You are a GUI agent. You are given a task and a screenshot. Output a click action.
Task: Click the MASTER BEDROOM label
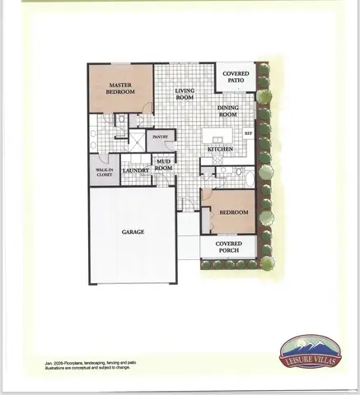coord(120,88)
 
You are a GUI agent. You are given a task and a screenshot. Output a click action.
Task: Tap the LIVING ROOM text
coord(184,93)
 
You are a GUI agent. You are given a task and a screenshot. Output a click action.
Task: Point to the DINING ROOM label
coord(231,111)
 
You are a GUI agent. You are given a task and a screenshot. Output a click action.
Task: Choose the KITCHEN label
coord(220,149)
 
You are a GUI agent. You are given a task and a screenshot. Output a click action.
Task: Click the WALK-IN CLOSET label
coord(104,172)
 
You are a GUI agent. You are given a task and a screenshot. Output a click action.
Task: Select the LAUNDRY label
coord(135,171)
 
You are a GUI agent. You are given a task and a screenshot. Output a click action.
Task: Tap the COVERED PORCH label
coord(228,248)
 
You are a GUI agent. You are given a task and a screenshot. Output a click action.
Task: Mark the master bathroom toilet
coord(121,120)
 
